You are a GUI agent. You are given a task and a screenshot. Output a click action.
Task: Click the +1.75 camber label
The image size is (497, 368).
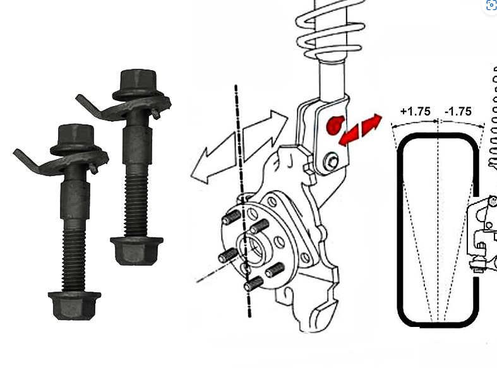point(416,112)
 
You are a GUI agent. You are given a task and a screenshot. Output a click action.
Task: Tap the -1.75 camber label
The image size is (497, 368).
point(458,112)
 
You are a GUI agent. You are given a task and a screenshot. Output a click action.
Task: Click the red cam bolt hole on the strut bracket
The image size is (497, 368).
point(335,125)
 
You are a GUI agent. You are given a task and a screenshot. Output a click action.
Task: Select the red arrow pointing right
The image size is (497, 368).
point(371,124)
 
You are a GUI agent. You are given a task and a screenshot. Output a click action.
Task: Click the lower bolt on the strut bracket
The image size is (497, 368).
point(332,161)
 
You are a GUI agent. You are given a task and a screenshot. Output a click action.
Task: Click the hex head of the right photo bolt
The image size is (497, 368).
point(138,84)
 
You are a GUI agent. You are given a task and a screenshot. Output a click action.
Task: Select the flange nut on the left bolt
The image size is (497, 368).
point(74,306)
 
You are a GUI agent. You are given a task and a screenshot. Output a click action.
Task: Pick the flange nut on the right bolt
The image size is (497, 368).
point(136,251)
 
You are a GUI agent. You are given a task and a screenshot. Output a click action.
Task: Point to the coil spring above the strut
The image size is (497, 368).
point(330,30)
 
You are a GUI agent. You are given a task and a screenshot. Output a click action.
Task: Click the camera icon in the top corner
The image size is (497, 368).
point(491,6)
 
